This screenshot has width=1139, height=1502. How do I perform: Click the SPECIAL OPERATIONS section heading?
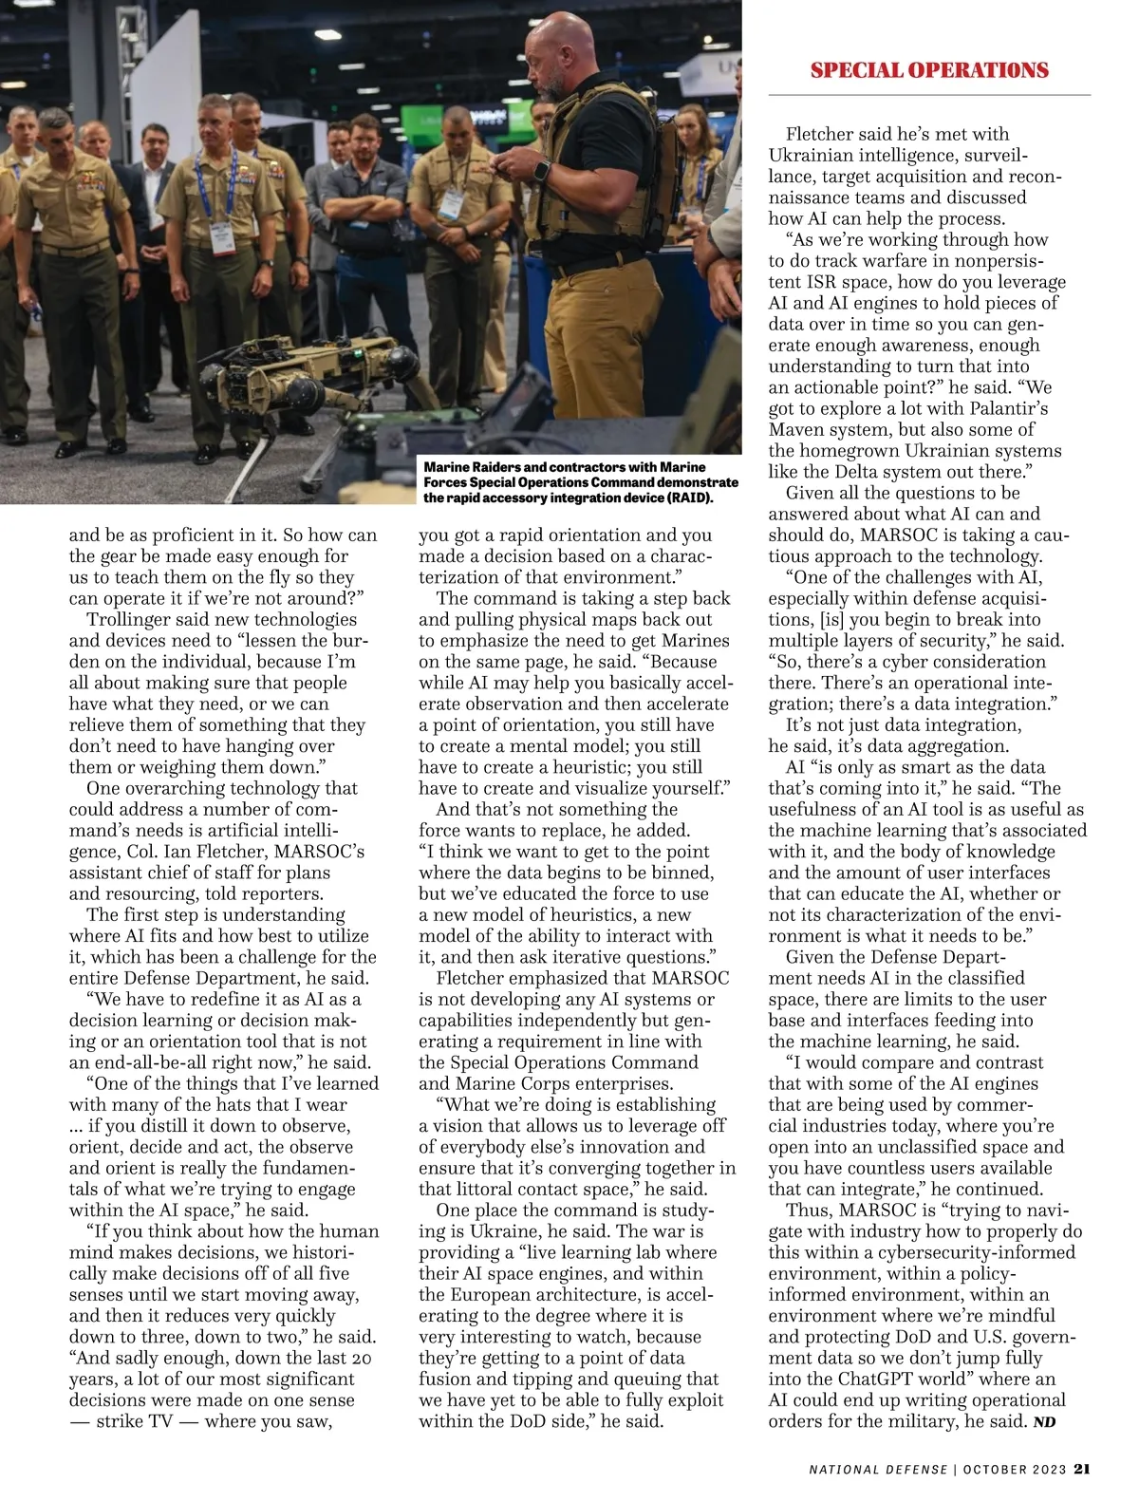click(x=929, y=70)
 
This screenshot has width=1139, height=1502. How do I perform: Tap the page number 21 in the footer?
click(x=1082, y=1469)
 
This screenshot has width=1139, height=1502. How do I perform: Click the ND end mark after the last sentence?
click(x=1045, y=1422)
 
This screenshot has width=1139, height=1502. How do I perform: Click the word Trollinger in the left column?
click(x=128, y=620)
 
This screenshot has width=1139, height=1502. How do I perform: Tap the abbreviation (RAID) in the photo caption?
click(x=689, y=498)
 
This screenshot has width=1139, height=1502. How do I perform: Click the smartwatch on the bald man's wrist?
click(x=540, y=171)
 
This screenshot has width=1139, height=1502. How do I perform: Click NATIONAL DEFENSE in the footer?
click(x=878, y=1470)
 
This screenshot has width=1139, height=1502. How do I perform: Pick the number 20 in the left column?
click(x=361, y=1359)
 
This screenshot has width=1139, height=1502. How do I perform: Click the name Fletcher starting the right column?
click(x=823, y=135)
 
